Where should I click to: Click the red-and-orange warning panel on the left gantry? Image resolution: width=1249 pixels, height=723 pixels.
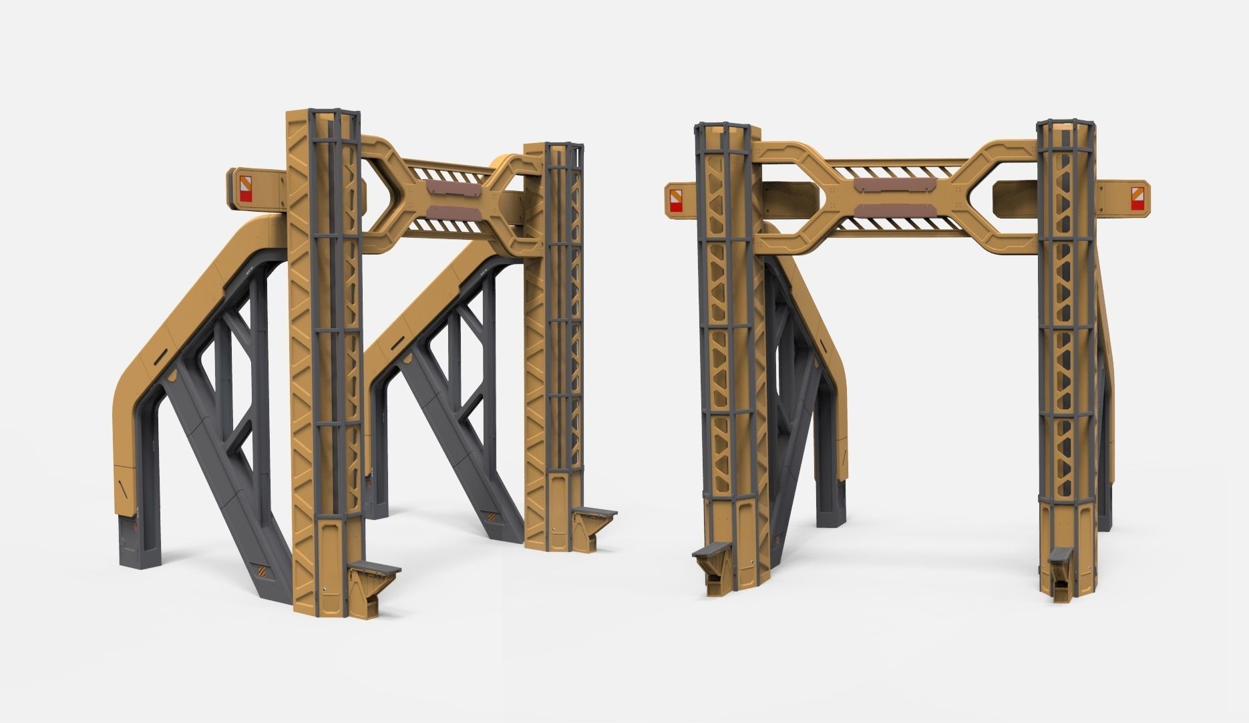click(x=246, y=188)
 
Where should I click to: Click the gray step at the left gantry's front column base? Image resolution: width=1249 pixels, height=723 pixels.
click(x=375, y=571)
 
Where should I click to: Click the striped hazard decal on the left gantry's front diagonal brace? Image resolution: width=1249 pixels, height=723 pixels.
click(x=264, y=572)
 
